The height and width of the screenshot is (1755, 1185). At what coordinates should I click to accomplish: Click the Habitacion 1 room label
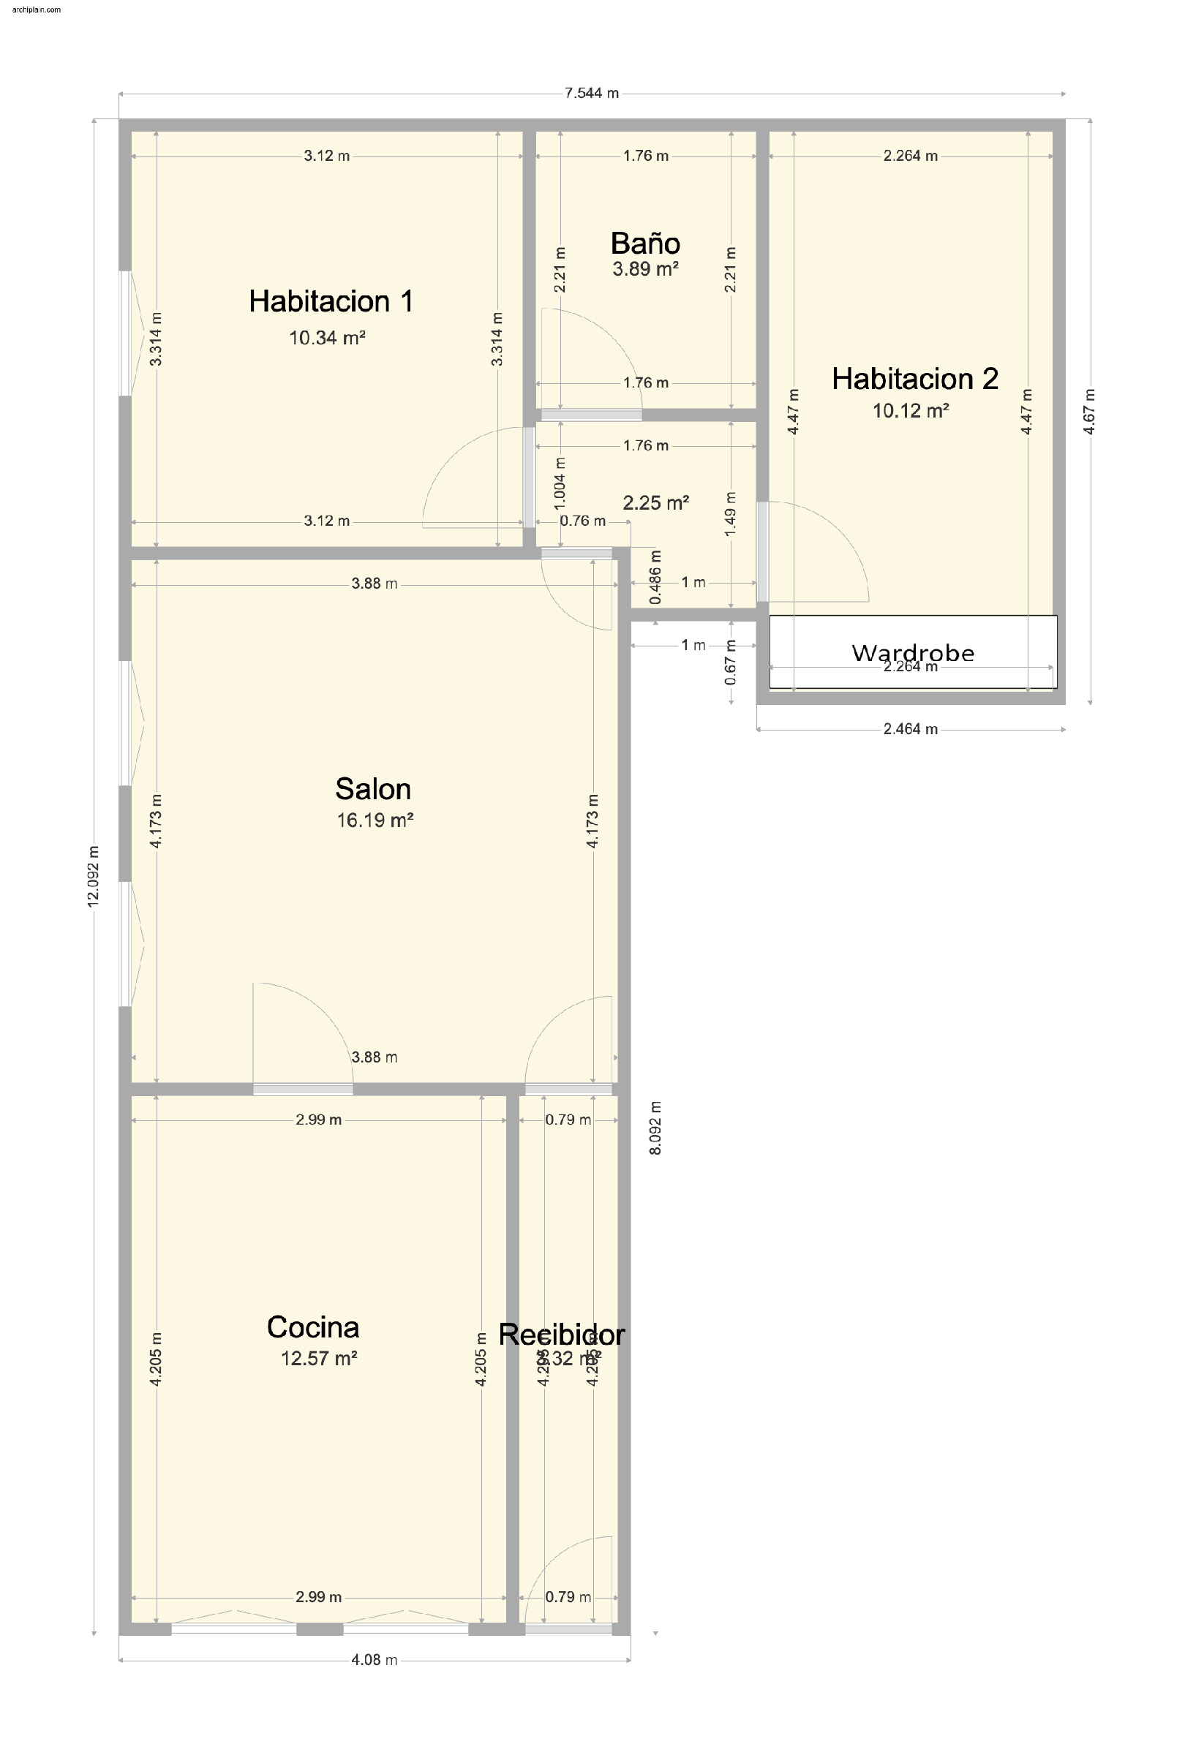click(x=331, y=301)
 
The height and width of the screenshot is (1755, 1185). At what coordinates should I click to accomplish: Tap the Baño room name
click(x=645, y=244)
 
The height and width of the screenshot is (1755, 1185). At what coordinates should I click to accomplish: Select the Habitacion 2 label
click(x=914, y=378)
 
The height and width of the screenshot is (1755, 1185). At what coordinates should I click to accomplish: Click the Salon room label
click(x=373, y=789)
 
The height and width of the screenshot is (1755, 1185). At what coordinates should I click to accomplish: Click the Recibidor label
click(x=561, y=1335)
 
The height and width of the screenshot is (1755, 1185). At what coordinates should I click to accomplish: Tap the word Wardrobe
click(x=912, y=652)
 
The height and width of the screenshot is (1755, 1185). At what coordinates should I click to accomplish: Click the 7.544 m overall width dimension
click(x=591, y=94)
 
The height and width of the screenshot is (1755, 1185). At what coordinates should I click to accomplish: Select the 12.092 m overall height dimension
click(x=93, y=876)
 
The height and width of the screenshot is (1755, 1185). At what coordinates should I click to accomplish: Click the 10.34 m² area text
click(x=327, y=338)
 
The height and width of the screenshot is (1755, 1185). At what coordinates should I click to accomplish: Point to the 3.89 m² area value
click(x=645, y=269)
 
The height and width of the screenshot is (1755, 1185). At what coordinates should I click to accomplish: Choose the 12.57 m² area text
click(x=319, y=1359)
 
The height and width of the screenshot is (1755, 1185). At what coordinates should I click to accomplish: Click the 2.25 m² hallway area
click(x=655, y=503)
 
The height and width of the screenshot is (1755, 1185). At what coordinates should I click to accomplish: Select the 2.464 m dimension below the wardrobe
click(x=910, y=730)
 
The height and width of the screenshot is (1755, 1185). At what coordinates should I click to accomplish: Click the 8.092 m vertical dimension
click(x=655, y=1128)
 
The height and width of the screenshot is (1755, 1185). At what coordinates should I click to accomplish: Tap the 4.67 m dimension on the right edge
click(x=1089, y=412)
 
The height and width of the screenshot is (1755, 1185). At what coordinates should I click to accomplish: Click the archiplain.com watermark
click(x=37, y=10)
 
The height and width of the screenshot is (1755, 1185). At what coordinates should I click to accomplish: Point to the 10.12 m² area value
click(x=910, y=411)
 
